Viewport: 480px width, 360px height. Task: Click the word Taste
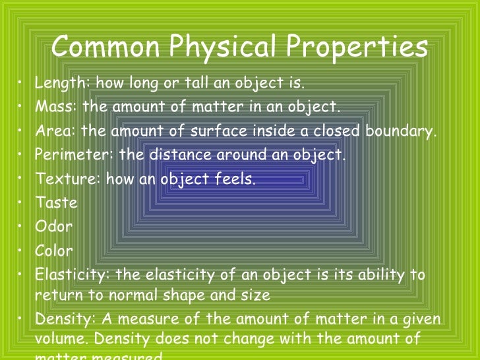(56, 202)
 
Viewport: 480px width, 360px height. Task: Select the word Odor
(53, 227)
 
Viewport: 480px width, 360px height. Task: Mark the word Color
(54, 251)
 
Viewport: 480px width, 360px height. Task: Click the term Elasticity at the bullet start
(69, 274)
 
